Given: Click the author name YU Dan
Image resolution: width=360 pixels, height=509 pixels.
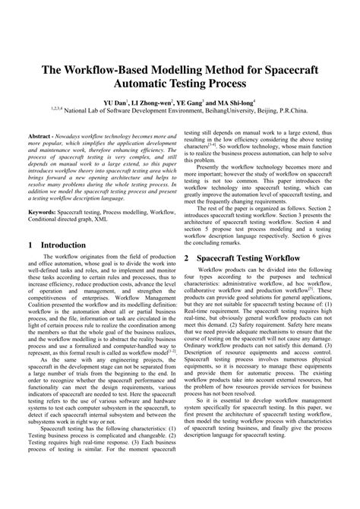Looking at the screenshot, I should click(x=115, y=102).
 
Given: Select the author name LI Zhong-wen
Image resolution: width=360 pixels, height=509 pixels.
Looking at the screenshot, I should click(x=152, y=102).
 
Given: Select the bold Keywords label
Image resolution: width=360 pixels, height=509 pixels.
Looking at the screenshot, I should click(x=43, y=195).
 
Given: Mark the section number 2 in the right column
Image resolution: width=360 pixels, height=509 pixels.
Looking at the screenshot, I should click(x=188, y=237).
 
